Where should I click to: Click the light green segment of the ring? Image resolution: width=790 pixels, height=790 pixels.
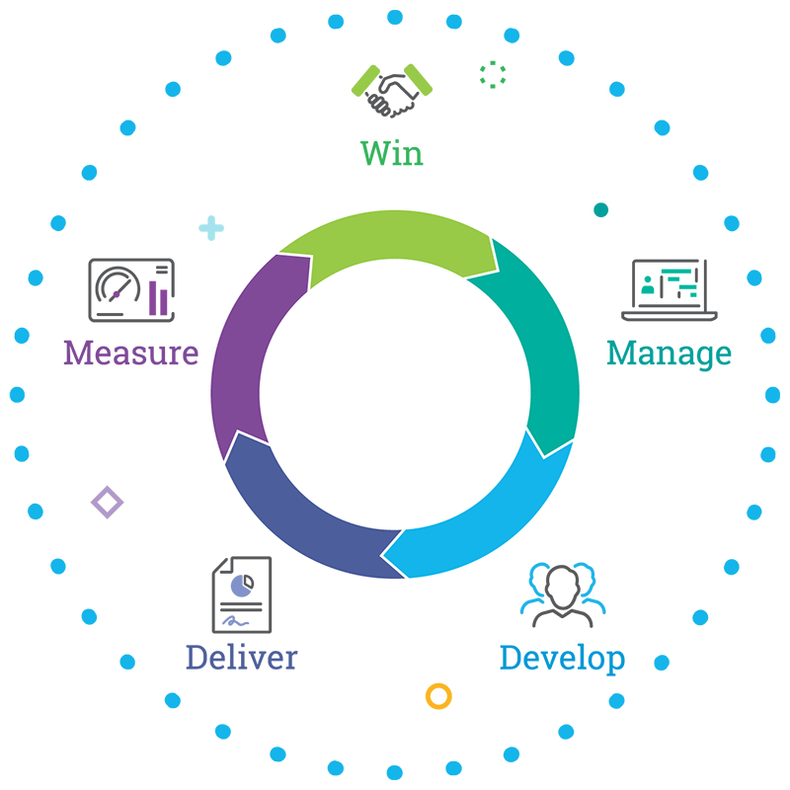[x=395, y=237]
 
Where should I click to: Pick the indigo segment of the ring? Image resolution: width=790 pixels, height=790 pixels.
[x=296, y=513]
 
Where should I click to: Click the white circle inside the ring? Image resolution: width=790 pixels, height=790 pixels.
[x=395, y=395]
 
